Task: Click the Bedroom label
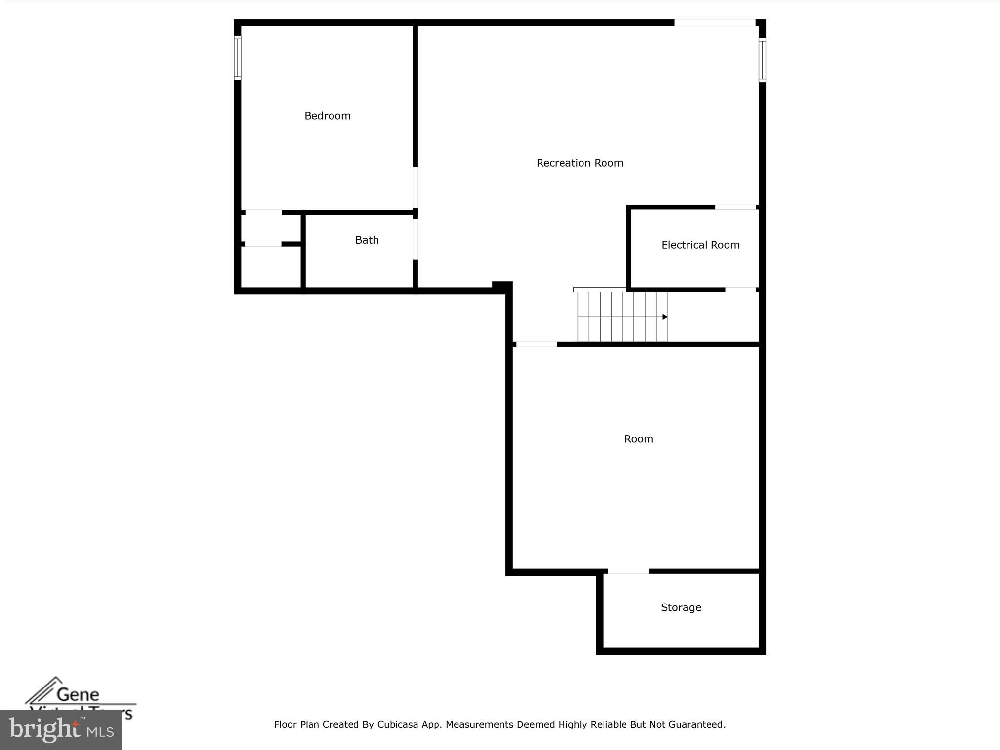[x=327, y=116]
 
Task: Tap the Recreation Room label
[x=580, y=163]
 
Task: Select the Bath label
[x=367, y=240]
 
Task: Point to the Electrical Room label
[x=700, y=245]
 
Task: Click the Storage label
[x=681, y=607]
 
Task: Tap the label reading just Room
[x=639, y=439]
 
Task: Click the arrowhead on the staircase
[x=665, y=317]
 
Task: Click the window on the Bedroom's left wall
[x=238, y=58]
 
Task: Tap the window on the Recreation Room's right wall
[x=762, y=60]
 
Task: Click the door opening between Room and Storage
[x=628, y=571]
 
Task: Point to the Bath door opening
[x=416, y=239]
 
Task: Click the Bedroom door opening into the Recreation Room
[x=416, y=187]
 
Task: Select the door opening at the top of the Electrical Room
[x=736, y=208]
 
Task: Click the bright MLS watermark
[x=61, y=730]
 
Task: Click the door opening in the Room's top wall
[x=536, y=344]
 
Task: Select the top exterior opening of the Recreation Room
[x=715, y=22]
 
